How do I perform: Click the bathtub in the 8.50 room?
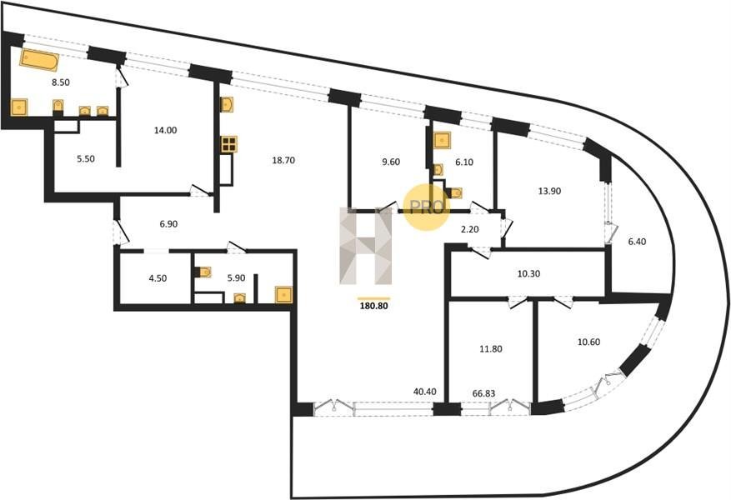39,60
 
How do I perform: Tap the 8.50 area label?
61,82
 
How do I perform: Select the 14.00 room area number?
166,131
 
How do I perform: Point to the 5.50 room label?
86,159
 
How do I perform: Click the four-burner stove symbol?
229,144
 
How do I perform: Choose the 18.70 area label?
283,160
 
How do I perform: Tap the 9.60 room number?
391,162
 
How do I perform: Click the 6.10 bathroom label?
464,162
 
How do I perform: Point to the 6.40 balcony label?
638,242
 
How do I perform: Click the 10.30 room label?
528,274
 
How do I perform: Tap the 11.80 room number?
491,348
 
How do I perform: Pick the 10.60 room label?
588,342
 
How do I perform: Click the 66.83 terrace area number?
484,394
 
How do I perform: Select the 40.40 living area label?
425,392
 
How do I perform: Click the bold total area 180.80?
374,307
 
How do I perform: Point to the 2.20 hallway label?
470,229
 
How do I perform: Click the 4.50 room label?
158,278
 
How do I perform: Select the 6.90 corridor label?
168,224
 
